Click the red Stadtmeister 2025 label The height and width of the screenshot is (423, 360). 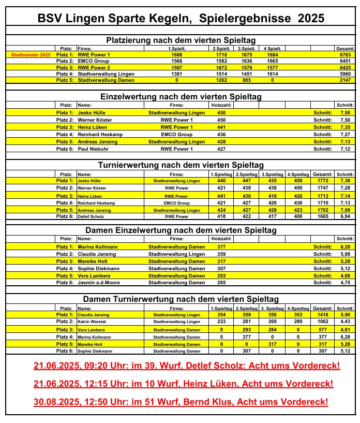(x=31, y=54)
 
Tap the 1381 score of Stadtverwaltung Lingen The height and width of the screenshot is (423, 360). (x=176, y=74)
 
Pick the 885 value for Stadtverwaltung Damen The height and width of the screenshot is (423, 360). (x=246, y=80)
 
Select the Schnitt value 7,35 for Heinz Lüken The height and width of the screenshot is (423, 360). (x=346, y=127)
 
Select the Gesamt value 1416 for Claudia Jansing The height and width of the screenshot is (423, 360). (x=322, y=314)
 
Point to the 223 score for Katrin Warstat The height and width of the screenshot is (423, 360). (x=221, y=322)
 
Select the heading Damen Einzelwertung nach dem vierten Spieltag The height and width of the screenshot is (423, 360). (x=181, y=230)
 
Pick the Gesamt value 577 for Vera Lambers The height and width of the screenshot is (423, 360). (x=322, y=329)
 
